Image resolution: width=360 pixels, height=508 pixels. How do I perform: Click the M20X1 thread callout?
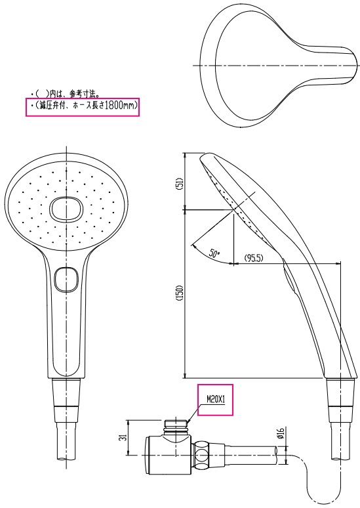(216, 398)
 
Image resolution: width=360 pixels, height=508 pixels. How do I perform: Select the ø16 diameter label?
(279, 433)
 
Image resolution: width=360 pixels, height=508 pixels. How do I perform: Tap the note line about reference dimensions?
(66, 94)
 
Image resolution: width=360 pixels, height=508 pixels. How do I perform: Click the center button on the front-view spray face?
(65, 209)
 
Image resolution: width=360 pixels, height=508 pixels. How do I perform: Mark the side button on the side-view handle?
(287, 276)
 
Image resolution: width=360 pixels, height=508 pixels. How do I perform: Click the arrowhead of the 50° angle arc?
(193, 246)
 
